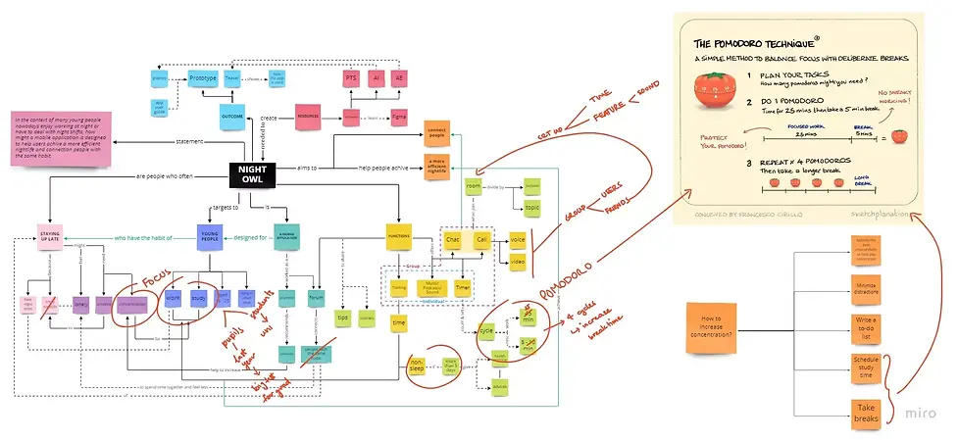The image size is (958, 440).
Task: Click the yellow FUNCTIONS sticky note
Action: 398,236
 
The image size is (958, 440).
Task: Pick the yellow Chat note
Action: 453,238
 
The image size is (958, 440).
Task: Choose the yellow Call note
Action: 481,238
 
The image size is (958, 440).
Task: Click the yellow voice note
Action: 517,238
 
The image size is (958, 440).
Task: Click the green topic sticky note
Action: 531,208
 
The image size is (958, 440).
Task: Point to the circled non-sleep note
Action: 416,367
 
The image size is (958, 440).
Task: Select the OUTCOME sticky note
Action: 232,114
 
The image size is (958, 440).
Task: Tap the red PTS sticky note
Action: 351,76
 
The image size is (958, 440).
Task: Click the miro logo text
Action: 911,412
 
